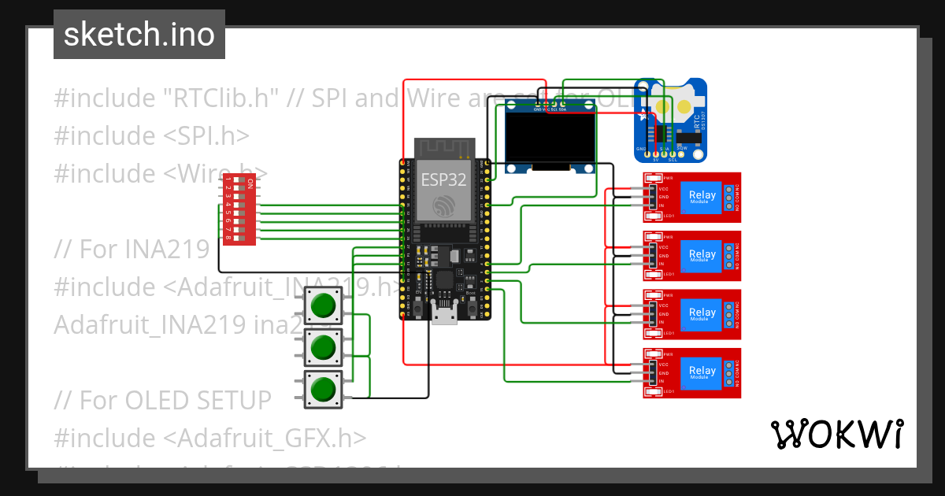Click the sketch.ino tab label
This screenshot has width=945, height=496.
click(x=139, y=35)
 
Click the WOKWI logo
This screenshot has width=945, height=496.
click(x=836, y=435)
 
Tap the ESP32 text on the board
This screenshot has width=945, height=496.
click(x=443, y=180)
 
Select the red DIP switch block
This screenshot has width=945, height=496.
click(x=239, y=211)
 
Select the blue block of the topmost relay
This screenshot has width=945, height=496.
click(x=702, y=197)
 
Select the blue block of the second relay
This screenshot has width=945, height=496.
click(x=702, y=255)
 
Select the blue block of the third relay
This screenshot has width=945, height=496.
click(x=702, y=313)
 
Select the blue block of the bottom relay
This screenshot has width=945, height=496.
click(x=702, y=372)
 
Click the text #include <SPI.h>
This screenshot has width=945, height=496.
click(x=151, y=135)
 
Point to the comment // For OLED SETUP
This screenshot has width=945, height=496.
click(x=162, y=400)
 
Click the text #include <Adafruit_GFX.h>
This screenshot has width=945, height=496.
click(x=209, y=438)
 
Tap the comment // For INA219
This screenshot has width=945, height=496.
click(x=132, y=249)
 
